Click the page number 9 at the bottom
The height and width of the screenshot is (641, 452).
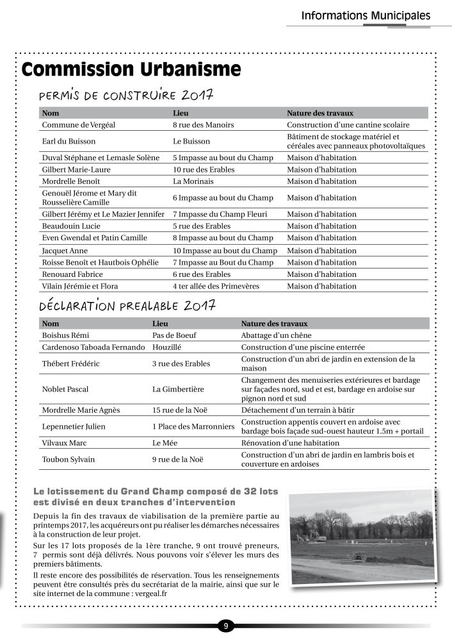pos(225,625)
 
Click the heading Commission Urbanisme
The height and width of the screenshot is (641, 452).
pos(131,69)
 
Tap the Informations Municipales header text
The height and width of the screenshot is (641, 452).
pos(366,15)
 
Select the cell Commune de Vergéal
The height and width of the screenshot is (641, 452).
pos(78,125)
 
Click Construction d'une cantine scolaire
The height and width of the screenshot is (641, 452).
pos(348,125)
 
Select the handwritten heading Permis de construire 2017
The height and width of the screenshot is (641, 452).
pos(126,96)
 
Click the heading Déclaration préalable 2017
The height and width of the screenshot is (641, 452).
pos(127,306)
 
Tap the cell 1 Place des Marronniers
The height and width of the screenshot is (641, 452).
pos(193,426)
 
